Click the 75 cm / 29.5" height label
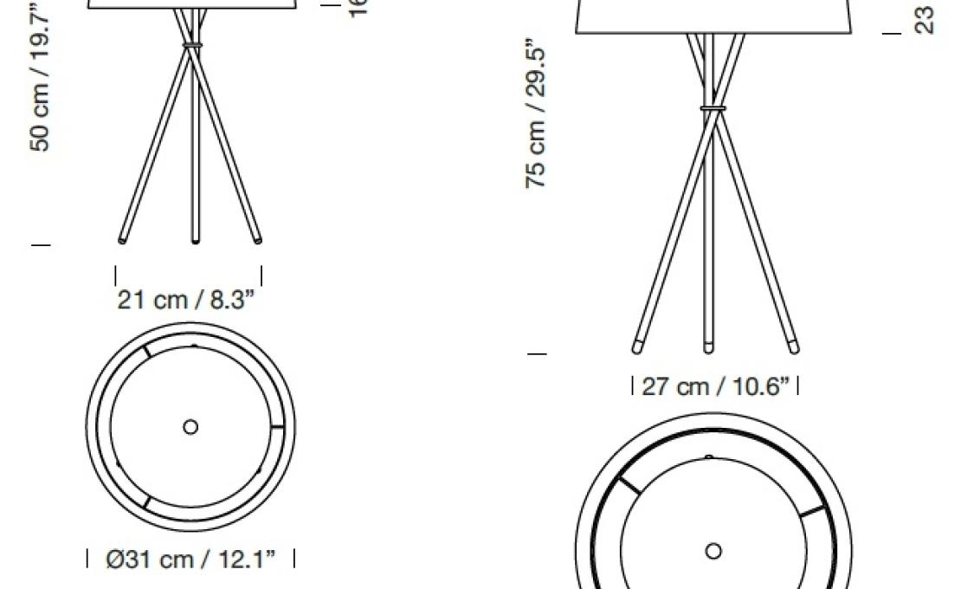(536, 113)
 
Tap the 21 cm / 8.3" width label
(187, 300)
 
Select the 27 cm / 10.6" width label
(715, 386)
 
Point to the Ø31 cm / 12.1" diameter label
(190, 560)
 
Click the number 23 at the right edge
(925, 20)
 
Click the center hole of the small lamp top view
(190, 427)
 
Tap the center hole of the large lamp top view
(713, 551)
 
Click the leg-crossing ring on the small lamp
(191, 42)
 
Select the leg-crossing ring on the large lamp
(713, 109)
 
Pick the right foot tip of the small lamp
(258, 239)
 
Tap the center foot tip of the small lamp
(195, 240)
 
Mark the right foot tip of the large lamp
(793, 348)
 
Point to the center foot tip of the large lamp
(709, 348)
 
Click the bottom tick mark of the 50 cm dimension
(41, 245)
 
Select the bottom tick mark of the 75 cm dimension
(537, 353)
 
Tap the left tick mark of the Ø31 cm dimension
(88, 559)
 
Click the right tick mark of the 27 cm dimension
(797, 385)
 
